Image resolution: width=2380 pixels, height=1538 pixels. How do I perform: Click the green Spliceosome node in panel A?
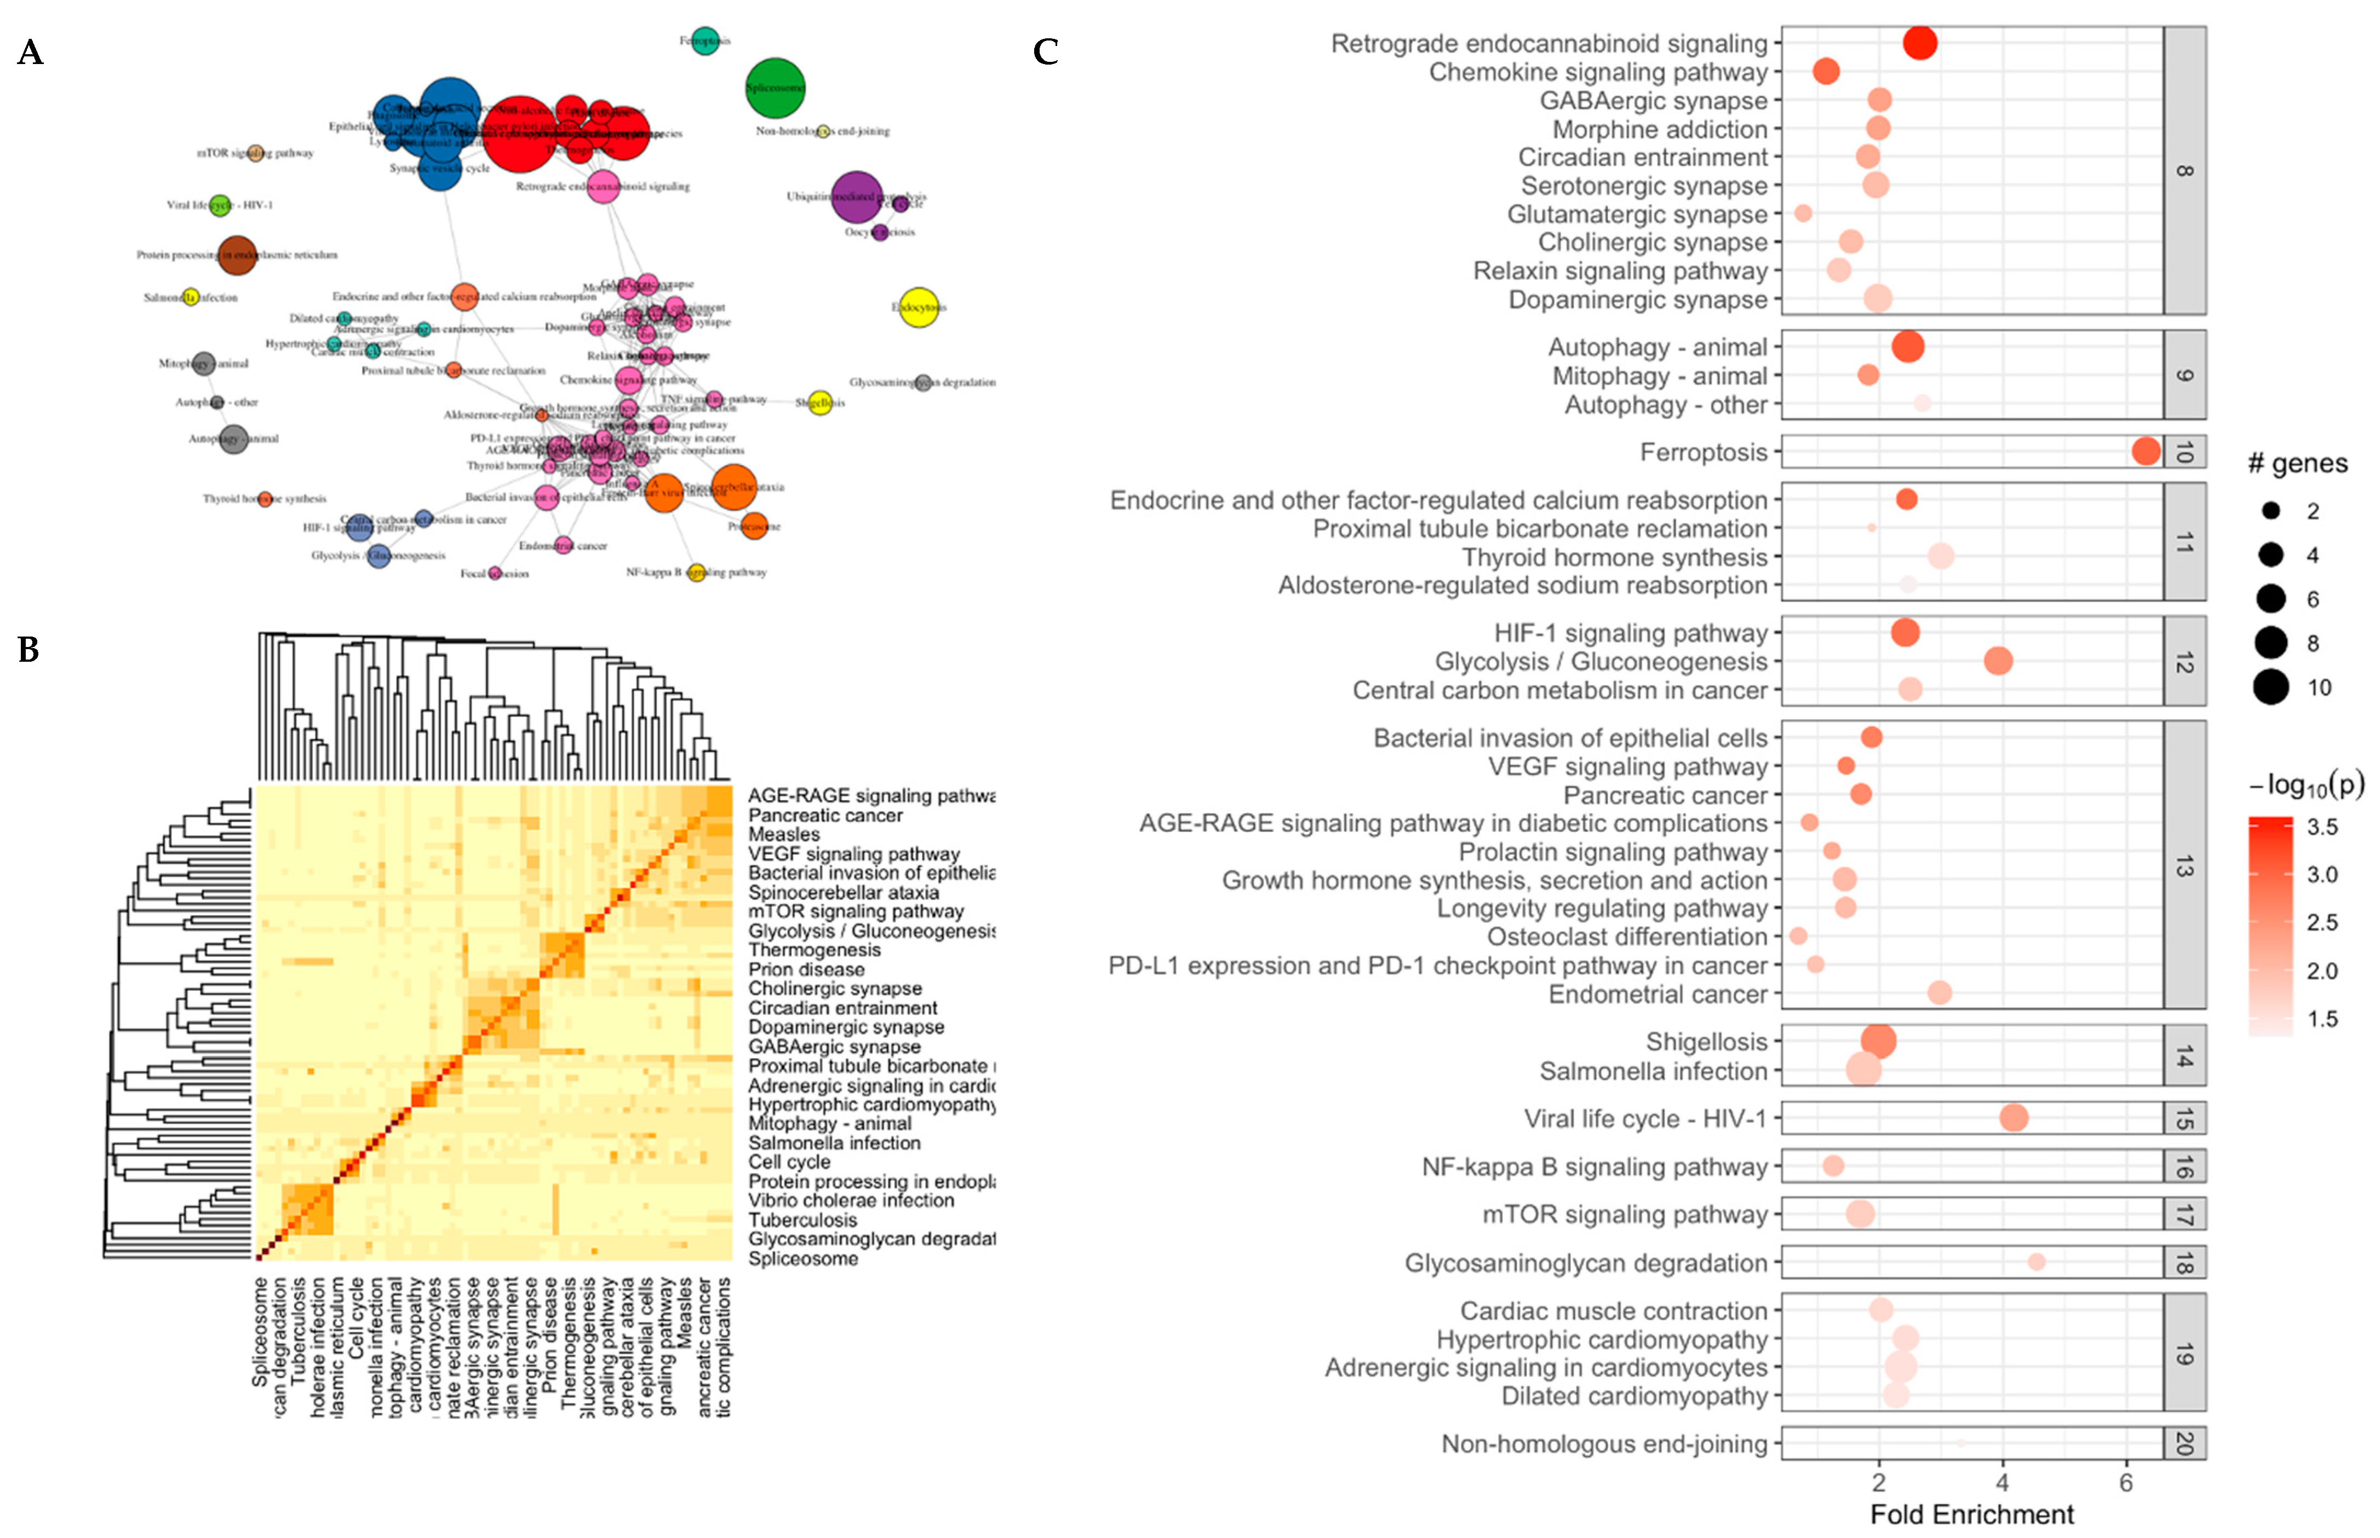click(x=775, y=88)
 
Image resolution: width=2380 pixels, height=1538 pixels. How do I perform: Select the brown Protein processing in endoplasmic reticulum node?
click(x=237, y=255)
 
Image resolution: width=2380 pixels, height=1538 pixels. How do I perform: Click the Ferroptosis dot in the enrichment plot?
click(x=2145, y=452)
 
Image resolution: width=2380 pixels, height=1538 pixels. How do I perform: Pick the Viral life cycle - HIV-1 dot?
click(x=2014, y=1118)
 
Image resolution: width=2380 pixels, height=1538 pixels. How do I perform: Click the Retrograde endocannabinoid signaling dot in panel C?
click(x=1919, y=43)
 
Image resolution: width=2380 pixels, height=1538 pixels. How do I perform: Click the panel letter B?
click(x=29, y=650)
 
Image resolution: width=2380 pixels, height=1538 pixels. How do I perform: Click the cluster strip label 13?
click(x=2184, y=866)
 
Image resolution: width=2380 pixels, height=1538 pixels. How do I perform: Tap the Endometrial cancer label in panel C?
click(x=1658, y=995)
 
